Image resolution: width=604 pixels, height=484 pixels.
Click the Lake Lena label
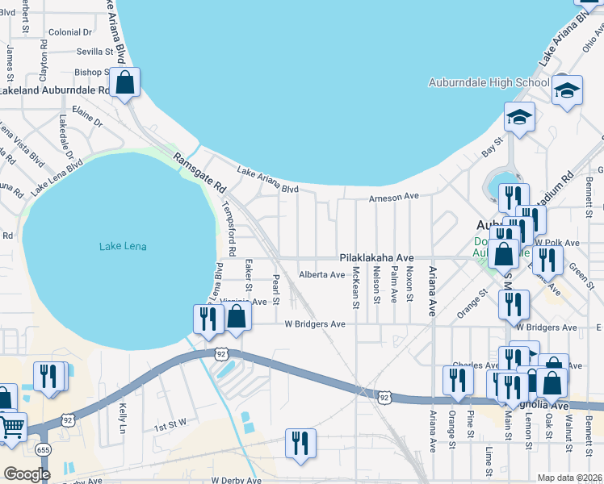123,246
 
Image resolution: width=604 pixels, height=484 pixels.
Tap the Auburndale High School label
489,82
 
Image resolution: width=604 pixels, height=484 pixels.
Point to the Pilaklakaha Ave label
376,257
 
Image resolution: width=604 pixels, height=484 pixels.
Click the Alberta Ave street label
322,274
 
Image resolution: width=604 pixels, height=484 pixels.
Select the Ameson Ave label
394,197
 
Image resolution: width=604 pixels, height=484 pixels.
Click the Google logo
27,474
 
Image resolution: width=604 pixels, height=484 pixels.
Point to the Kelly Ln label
124,416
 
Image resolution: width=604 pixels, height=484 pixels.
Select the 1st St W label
170,422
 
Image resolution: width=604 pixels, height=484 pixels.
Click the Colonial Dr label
70,32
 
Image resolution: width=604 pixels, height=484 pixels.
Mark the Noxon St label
410,285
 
